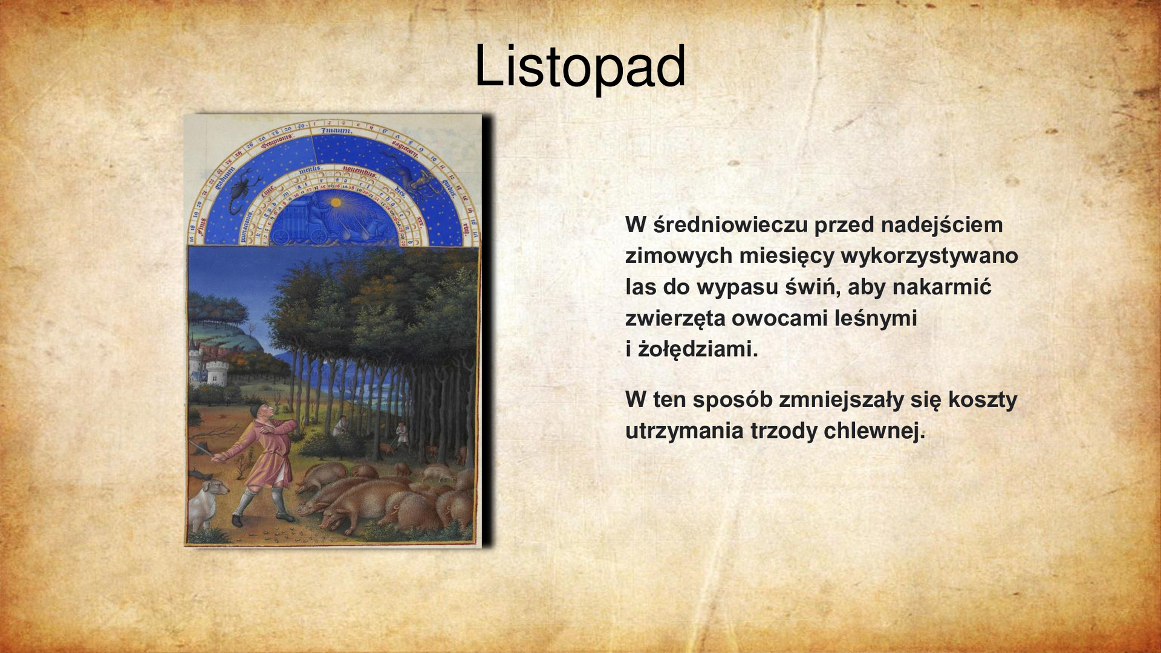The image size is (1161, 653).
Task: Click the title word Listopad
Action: (x=580, y=67)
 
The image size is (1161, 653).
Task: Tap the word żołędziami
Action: (x=698, y=349)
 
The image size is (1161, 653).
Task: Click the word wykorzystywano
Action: (x=929, y=256)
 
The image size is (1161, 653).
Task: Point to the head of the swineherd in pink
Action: (x=262, y=412)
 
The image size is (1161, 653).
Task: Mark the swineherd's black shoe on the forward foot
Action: (x=238, y=519)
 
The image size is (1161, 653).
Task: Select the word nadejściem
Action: (x=941, y=225)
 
